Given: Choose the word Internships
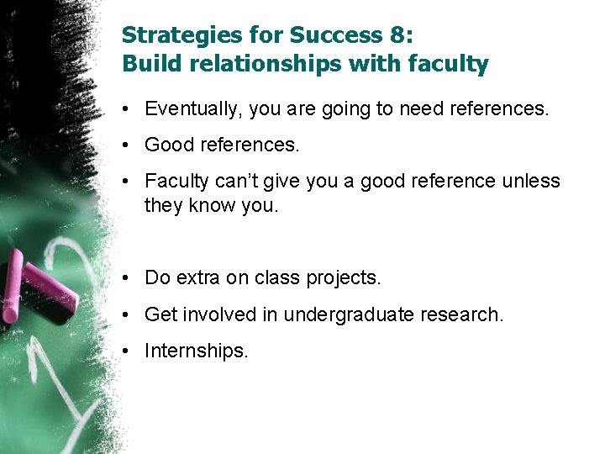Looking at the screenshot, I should tap(196, 351).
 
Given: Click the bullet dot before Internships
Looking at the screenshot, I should tap(124, 351).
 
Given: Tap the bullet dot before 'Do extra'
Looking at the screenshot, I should tap(124, 277).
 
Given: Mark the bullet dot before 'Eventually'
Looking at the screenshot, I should tap(124, 108).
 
